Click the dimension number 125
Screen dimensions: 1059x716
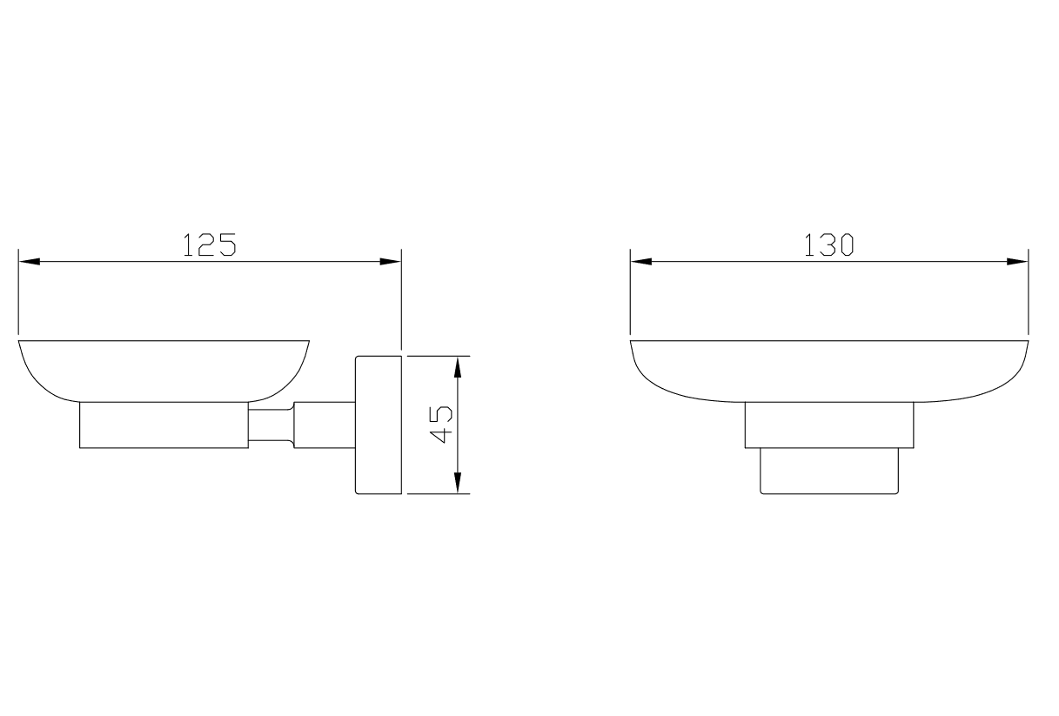click(x=210, y=244)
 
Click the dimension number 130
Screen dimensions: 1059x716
click(x=828, y=244)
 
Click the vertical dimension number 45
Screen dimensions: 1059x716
click(x=440, y=425)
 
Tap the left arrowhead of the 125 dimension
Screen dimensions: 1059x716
click(x=30, y=261)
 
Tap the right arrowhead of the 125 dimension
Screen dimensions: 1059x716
click(x=391, y=261)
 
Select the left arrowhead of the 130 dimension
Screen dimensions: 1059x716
click(x=641, y=261)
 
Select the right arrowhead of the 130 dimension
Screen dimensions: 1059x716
click(x=1017, y=261)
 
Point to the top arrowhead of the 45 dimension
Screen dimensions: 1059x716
click(x=457, y=367)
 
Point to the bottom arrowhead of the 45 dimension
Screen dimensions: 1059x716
click(x=457, y=483)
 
